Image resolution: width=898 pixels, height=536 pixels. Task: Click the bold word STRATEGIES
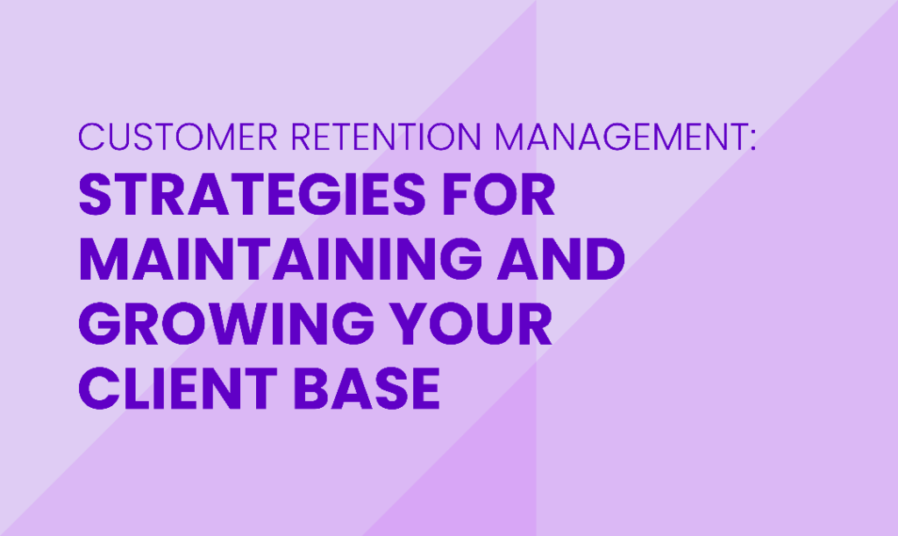click(x=252, y=194)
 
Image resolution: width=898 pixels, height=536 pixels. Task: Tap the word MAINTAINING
click(x=280, y=259)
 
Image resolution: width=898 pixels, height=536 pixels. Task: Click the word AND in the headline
click(x=560, y=259)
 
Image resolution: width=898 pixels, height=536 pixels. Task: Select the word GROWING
click(x=226, y=324)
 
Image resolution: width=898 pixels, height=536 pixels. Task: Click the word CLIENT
click(x=177, y=389)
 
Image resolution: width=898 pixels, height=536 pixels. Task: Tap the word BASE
click(x=367, y=389)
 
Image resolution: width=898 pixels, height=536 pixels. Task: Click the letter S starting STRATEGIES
click(x=95, y=194)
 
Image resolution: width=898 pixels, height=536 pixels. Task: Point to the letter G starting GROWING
click(x=98, y=324)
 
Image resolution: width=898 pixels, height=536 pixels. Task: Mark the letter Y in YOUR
click(x=409, y=324)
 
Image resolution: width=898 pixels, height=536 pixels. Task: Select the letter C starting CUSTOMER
click(x=90, y=136)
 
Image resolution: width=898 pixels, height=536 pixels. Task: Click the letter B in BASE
click(x=310, y=389)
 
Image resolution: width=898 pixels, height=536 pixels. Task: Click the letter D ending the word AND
click(x=605, y=259)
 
